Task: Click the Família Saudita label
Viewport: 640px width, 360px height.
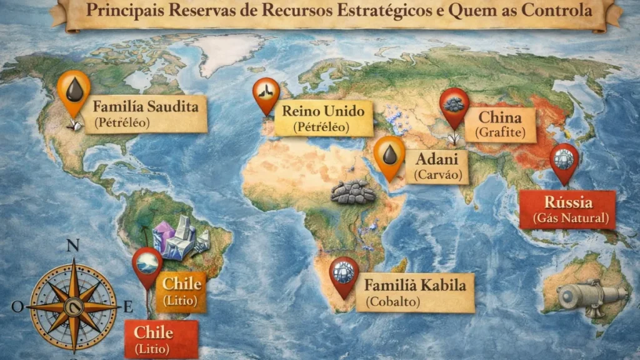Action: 146,113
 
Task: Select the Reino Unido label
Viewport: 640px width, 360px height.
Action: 323,119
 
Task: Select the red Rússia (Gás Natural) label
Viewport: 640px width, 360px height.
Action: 567,209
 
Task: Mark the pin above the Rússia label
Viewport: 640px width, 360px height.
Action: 564,161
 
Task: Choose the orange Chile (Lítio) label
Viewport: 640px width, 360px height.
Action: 181,291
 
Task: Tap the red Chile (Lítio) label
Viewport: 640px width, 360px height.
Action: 161,339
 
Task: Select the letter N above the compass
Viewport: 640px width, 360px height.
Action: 72,245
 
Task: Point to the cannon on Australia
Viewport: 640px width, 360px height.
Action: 591,294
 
